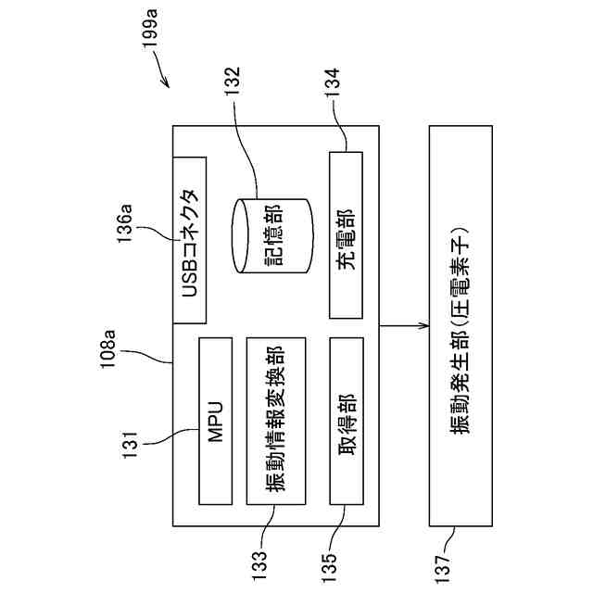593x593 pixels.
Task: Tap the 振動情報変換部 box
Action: (x=276, y=422)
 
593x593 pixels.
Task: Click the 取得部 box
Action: (x=346, y=422)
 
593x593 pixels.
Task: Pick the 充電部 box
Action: (x=346, y=233)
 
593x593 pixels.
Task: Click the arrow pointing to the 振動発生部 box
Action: (x=404, y=327)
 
